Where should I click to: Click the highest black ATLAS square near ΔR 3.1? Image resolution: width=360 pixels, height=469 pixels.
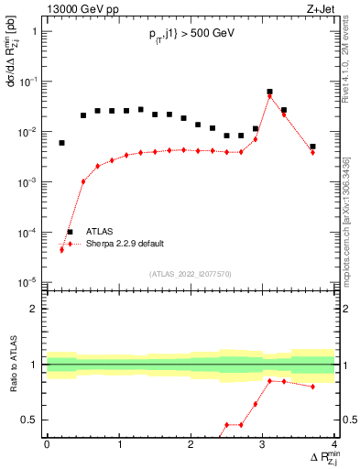(x=269, y=92)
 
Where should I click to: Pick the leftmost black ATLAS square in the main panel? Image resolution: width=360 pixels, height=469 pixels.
(x=61, y=143)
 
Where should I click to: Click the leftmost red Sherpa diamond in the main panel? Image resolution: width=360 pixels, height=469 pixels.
(x=61, y=249)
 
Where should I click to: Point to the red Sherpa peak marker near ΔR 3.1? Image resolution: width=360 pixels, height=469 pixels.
(x=269, y=96)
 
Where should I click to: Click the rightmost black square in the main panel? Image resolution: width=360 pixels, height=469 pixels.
(x=312, y=147)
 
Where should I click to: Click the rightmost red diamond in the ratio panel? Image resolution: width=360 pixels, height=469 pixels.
(x=312, y=387)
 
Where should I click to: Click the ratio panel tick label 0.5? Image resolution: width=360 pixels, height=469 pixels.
(x=32, y=420)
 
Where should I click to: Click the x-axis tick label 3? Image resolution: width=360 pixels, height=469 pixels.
(x=263, y=445)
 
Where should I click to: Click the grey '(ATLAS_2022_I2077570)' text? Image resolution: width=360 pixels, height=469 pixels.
(x=191, y=274)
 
